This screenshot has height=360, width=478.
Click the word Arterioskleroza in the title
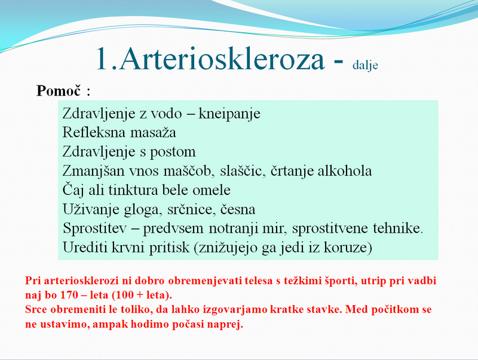(222, 59)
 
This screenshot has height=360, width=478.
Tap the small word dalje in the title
(365, 65)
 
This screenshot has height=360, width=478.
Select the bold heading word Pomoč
(59, 90)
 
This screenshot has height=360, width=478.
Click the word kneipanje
(229, 114)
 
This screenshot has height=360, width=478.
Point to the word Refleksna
(94, 132)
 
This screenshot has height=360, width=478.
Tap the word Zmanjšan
(93, 171)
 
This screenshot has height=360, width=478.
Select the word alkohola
(345, 171)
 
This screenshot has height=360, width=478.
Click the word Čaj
(73, 190)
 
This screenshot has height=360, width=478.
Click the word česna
(238, 209)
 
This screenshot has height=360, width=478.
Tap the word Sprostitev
(94, 228)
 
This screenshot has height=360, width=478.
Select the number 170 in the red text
(70, 295)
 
